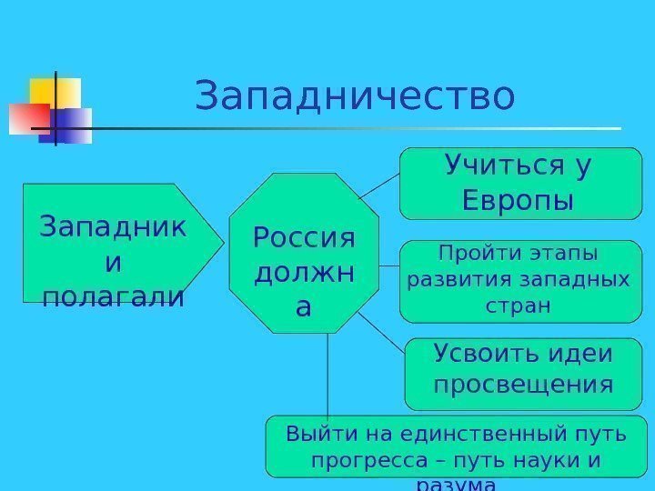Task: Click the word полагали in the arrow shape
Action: pos(112,296)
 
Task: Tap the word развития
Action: pos(451,277)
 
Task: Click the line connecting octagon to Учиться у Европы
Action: pos(378,186)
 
